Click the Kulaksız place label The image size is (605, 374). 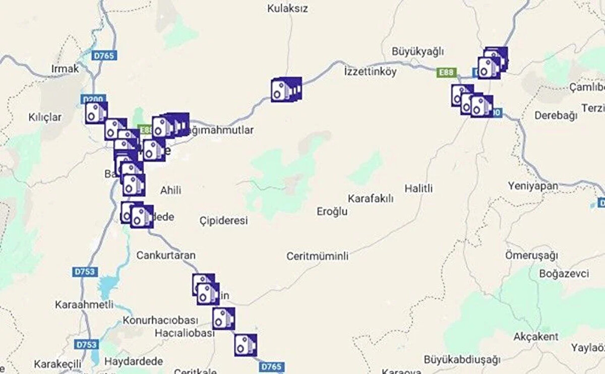coord(287,9)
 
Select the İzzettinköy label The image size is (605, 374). coord(370,72)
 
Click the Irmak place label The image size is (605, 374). coord(66,69)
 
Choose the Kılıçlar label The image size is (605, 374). coord(45,117)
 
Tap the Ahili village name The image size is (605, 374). coord(170,191)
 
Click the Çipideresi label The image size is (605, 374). coord(223,221)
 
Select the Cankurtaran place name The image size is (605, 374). coord(166,255)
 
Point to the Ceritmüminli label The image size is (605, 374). coord(318,256)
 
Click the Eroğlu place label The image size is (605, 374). coord(332,211)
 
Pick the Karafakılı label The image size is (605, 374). coord(371,199)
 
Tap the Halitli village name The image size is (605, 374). coord(418,189)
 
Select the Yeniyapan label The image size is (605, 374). coord(533,186)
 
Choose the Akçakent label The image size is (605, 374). coord(536,336)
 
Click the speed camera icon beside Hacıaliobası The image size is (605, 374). coord(223,319)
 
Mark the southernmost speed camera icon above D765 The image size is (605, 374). coord(246,345)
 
